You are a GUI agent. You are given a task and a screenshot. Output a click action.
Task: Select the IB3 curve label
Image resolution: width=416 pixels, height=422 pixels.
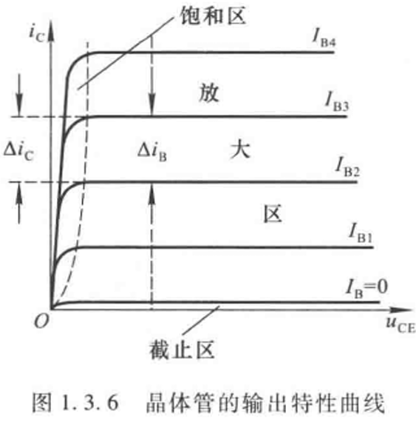click(337, 102)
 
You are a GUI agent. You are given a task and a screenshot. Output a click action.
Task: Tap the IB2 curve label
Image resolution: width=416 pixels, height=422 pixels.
click(347, 167)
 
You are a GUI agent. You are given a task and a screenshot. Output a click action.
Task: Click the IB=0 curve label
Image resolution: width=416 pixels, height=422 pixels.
click(366, 289)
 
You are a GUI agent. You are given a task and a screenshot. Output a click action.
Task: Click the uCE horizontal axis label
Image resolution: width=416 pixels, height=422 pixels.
click(400, 325)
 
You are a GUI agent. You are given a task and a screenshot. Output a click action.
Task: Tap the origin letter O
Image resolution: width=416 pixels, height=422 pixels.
click(41, 321)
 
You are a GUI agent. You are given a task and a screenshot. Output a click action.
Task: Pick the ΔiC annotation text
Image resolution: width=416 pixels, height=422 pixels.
click(18, 151)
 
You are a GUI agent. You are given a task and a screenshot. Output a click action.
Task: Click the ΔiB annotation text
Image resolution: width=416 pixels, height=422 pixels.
click(152, 152)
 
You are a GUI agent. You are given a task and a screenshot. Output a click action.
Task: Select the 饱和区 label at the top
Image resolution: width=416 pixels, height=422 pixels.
click(213, 16)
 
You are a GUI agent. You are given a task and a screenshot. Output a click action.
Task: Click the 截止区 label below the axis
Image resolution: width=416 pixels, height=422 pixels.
click(182, 350)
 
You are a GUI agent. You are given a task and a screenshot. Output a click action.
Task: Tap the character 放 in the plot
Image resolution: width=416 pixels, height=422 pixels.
click(208, 93)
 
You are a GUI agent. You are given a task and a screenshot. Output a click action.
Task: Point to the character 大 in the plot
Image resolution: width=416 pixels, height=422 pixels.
click(241, 150)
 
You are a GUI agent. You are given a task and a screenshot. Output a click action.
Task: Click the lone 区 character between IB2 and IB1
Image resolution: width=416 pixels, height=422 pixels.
click(273, 214)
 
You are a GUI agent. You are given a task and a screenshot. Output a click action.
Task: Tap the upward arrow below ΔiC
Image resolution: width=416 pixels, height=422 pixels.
click(19, 203)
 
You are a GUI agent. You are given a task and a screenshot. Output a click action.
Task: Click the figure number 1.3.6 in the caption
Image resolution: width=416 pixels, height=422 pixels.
click(90, 403)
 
